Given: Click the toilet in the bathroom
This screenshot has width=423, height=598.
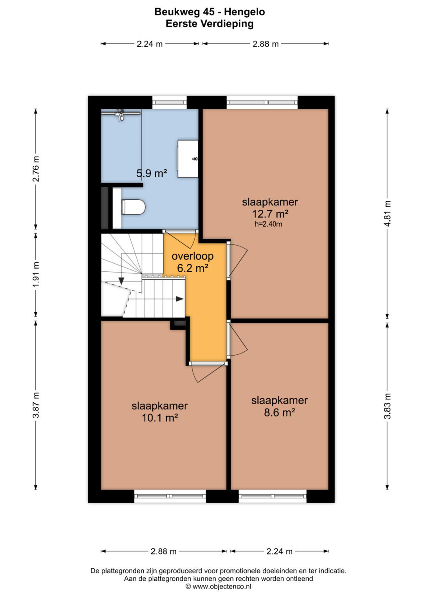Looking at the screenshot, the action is click(x=133, y=207).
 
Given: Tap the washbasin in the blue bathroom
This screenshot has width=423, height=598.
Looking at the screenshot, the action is click(x=188, y=159).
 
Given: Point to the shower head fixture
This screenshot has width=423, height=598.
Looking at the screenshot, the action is click(x=121, y=115).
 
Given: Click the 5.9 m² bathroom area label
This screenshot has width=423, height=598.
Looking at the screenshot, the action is click(x=152, y=173).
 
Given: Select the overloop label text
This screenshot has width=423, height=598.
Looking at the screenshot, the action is click(x=193, y=256).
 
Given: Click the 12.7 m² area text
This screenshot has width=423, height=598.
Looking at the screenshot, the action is click(x=270, y=214).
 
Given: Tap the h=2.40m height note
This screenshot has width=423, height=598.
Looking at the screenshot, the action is click(x=268, y=224).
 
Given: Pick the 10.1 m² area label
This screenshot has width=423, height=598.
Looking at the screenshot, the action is click(x=160, y=418).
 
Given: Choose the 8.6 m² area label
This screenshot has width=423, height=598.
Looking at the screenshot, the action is click(x=279, y=413).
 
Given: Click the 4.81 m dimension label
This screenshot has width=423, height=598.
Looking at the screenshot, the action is click(x=387, y=213).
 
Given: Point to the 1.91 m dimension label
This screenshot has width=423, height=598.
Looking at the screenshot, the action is click(x=36, y=275).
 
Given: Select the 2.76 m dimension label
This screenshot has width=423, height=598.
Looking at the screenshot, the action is click(x=36, y=169).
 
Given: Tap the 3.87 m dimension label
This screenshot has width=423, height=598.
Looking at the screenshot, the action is click(x=36, y=405).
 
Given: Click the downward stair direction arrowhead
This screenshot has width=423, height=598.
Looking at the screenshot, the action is click(x=121, y=281).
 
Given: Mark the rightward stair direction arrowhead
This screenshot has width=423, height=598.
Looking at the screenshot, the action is click(x=180, y=299).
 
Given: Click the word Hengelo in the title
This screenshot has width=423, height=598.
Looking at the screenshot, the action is click(x=244, y=12).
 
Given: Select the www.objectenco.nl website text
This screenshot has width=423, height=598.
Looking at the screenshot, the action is click(x=222, y=587).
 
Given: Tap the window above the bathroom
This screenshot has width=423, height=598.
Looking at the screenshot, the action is click(x=169, y=102).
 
